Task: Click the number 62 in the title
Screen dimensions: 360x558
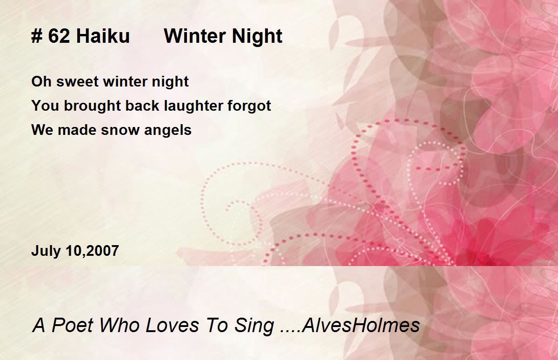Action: coord(58,36)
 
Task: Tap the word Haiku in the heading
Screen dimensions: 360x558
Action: coord(103,36)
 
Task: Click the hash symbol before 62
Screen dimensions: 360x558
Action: coord(36,36)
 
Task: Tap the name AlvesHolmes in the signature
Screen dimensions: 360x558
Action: coord(360,325)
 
